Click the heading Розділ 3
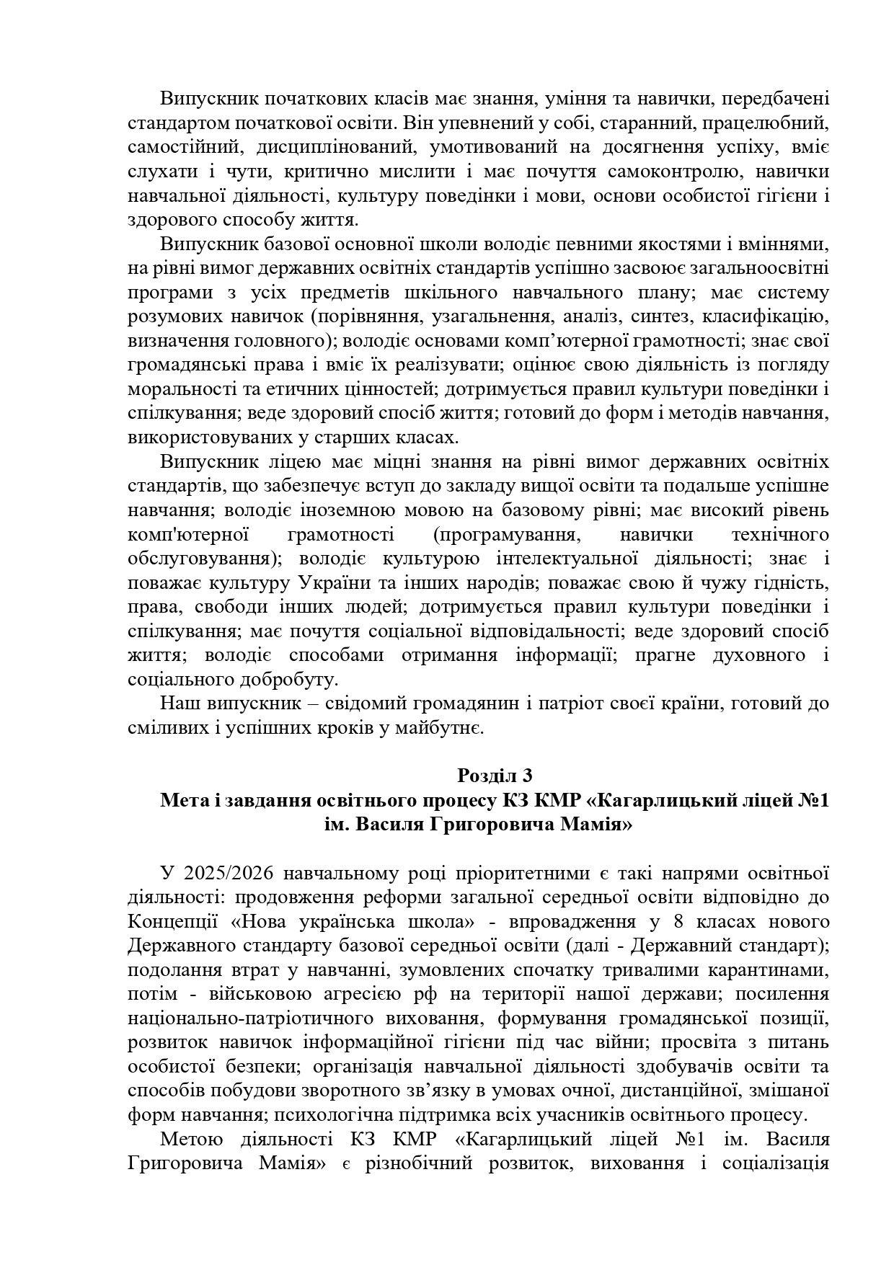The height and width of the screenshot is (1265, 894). (495, 776)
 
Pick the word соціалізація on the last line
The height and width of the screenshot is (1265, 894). (775, 1164)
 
